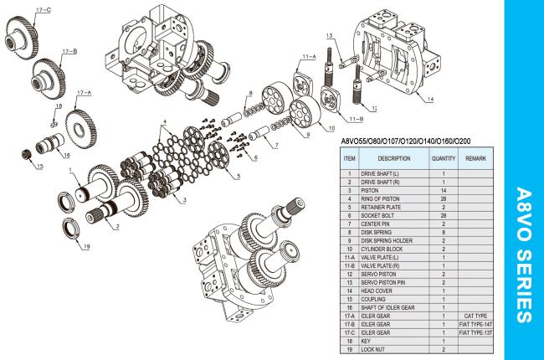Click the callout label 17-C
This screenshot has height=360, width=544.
(x=44, y=10)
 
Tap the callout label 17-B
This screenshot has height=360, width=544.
(x=69, y=51)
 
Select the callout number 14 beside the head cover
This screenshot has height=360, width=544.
(x=430, y=100)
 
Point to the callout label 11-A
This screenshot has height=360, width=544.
(x=309, y=57)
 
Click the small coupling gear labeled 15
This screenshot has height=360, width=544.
(x=26, y=154)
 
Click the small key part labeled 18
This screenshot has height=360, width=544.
(x=54, y=123)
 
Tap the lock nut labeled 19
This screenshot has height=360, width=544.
(x=71, y=228)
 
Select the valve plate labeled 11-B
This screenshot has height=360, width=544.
(x=331, y=100)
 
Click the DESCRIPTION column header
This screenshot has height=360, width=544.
(x=394, y=158)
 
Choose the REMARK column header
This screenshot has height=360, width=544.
(x=475, y=158)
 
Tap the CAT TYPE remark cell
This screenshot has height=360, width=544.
(x=475, y=316)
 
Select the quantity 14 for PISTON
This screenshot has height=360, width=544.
(x=443, y=191)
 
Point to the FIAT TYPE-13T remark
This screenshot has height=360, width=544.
(x=475, y=333)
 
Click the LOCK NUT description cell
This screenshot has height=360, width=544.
(x=373, y=350)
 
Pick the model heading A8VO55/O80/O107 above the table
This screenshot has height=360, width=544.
(x=406, y=141)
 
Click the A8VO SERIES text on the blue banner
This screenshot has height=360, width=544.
(x=524, y=255)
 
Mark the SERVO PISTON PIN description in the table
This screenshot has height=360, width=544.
(x=383, y=283)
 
